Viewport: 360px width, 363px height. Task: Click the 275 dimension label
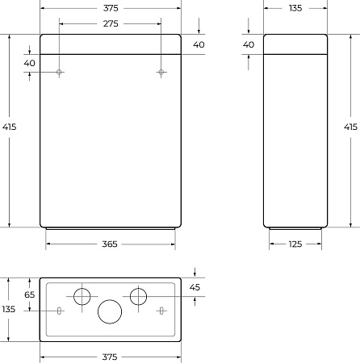click(x=111, y=24)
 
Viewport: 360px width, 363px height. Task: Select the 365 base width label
click(x=111, y=244)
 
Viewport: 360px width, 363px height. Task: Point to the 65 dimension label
click(x=30, y=295)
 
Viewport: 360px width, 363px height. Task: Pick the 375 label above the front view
click(x=111, y=7)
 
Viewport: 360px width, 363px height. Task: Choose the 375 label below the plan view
click(x=111, y=356)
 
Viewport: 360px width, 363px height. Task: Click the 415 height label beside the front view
click(x=9, y=127)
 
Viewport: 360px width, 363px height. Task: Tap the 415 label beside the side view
click(x=350, y=127)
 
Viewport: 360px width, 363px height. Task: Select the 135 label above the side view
click(x=295, y=7)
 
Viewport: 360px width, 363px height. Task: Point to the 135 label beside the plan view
click(x=9, y=309)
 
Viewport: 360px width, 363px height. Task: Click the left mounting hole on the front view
click(x=60, y=73)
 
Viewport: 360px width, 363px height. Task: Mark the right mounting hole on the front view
click(x=161, y=73)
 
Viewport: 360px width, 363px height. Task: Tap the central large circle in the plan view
click(x=110, y=311)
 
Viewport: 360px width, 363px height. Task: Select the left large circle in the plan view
click(x=83, y=297)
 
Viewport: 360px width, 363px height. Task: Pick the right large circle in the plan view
click(x=138, y=297)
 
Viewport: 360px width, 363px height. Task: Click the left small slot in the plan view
click(x=60, y=311)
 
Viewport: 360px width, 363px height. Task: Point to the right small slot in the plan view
click(x=161, y=311)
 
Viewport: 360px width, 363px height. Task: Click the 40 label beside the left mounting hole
click(x=30, y=63)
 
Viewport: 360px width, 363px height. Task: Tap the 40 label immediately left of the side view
click(x=249, y=44)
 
